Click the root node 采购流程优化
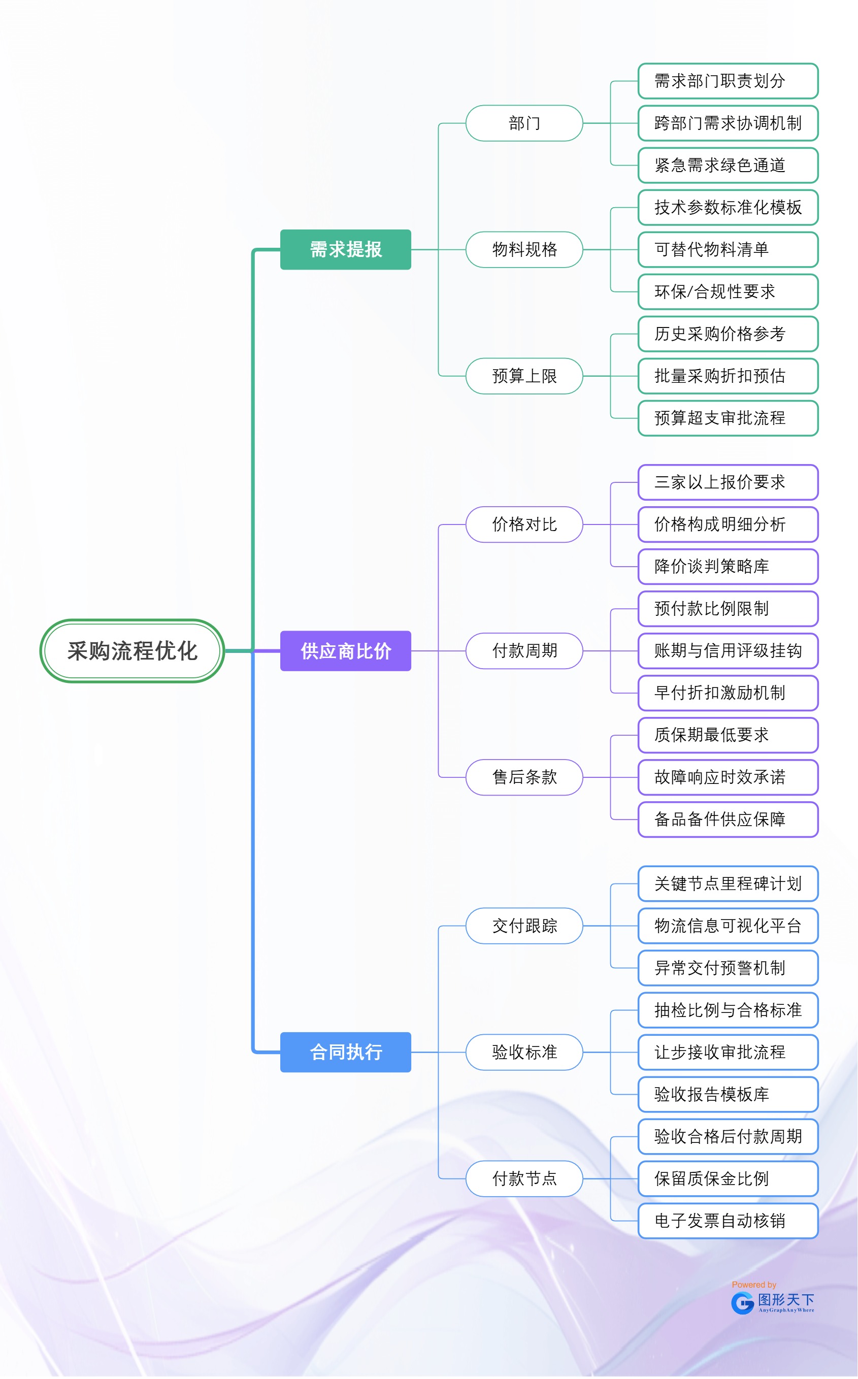pos(132,651)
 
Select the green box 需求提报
pos(346,250)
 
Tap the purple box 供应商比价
pos(346,651)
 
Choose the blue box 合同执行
pos(346,1052)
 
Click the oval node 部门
pos(524,123)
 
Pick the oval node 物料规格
pos(524,250)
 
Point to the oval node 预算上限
pos(524,376)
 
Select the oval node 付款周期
pos(524,651)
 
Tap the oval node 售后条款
pos(524,777)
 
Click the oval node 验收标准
pos(524,1052)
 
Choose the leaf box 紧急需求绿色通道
pos(728,165)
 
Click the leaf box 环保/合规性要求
pos(728,291)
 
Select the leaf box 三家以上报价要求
pos(728,482)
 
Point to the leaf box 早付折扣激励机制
pos(728,693)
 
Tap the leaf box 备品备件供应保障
pos(728,819)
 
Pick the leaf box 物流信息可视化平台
pos(728,926)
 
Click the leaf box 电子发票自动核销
pos(728,1221)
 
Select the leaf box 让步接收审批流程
pos(728,1052)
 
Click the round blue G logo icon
pos(742,1303)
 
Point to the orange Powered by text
pos(753,1285)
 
